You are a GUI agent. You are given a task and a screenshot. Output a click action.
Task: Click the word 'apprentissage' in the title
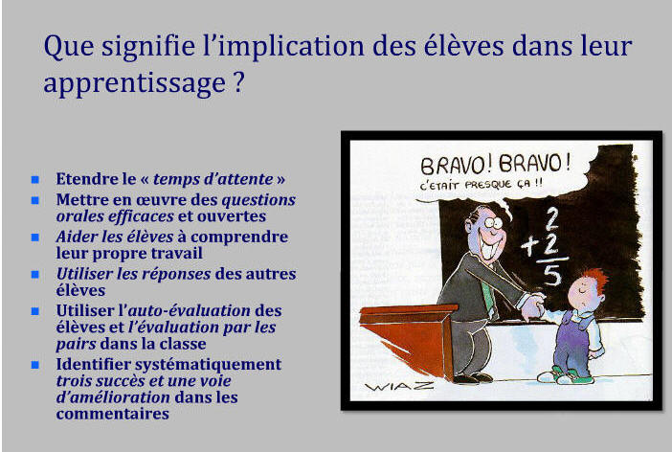coord(135,82)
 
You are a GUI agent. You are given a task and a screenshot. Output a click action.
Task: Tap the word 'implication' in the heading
coord(282,46)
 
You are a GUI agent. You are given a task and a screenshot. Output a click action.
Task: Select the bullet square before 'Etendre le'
coord(35,179)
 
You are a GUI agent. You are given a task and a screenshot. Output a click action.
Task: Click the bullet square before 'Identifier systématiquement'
coord(35,365)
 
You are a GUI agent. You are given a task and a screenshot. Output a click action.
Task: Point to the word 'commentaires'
coord(113,414)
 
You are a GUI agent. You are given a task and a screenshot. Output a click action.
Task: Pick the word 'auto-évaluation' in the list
coord(189,310)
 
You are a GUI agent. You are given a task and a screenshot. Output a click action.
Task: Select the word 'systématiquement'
coord(209,365)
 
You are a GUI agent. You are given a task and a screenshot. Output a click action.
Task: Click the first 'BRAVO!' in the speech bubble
coord(457,165)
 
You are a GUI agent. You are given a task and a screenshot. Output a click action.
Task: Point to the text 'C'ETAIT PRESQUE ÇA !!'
coord(481,185)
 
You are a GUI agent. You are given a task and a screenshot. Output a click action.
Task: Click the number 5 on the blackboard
coord(552,275)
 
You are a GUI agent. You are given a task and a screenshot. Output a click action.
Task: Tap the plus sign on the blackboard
coord(530,247)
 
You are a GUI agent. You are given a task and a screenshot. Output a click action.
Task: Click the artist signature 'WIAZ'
coord(399,386)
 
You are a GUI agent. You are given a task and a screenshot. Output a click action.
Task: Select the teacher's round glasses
coord(492,222)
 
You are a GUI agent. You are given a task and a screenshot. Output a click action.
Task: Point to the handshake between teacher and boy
coord(533,305)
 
